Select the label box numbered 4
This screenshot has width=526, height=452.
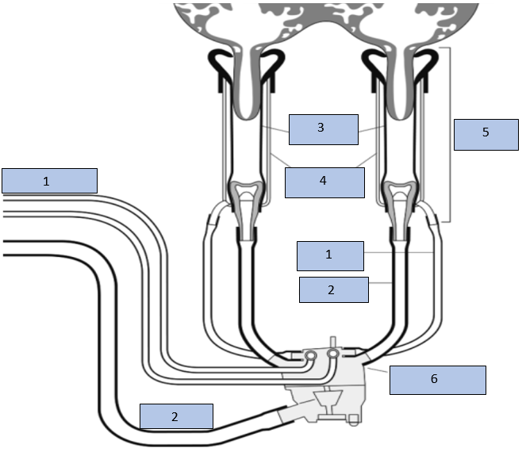[x=323, y=182]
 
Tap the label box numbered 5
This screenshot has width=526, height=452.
[x=485, y=133]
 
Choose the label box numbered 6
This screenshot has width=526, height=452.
[x=437, y=380]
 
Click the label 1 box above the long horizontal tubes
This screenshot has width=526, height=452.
[x=49, y=181]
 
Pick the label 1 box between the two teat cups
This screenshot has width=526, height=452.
[x=330, y=256]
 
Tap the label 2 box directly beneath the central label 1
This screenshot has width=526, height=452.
[x=333, y=290]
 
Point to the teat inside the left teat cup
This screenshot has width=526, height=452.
[x=248, y=95]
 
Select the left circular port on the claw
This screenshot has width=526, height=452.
[x=309, y=354]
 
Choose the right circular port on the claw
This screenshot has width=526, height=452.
[x=334, y=351]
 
